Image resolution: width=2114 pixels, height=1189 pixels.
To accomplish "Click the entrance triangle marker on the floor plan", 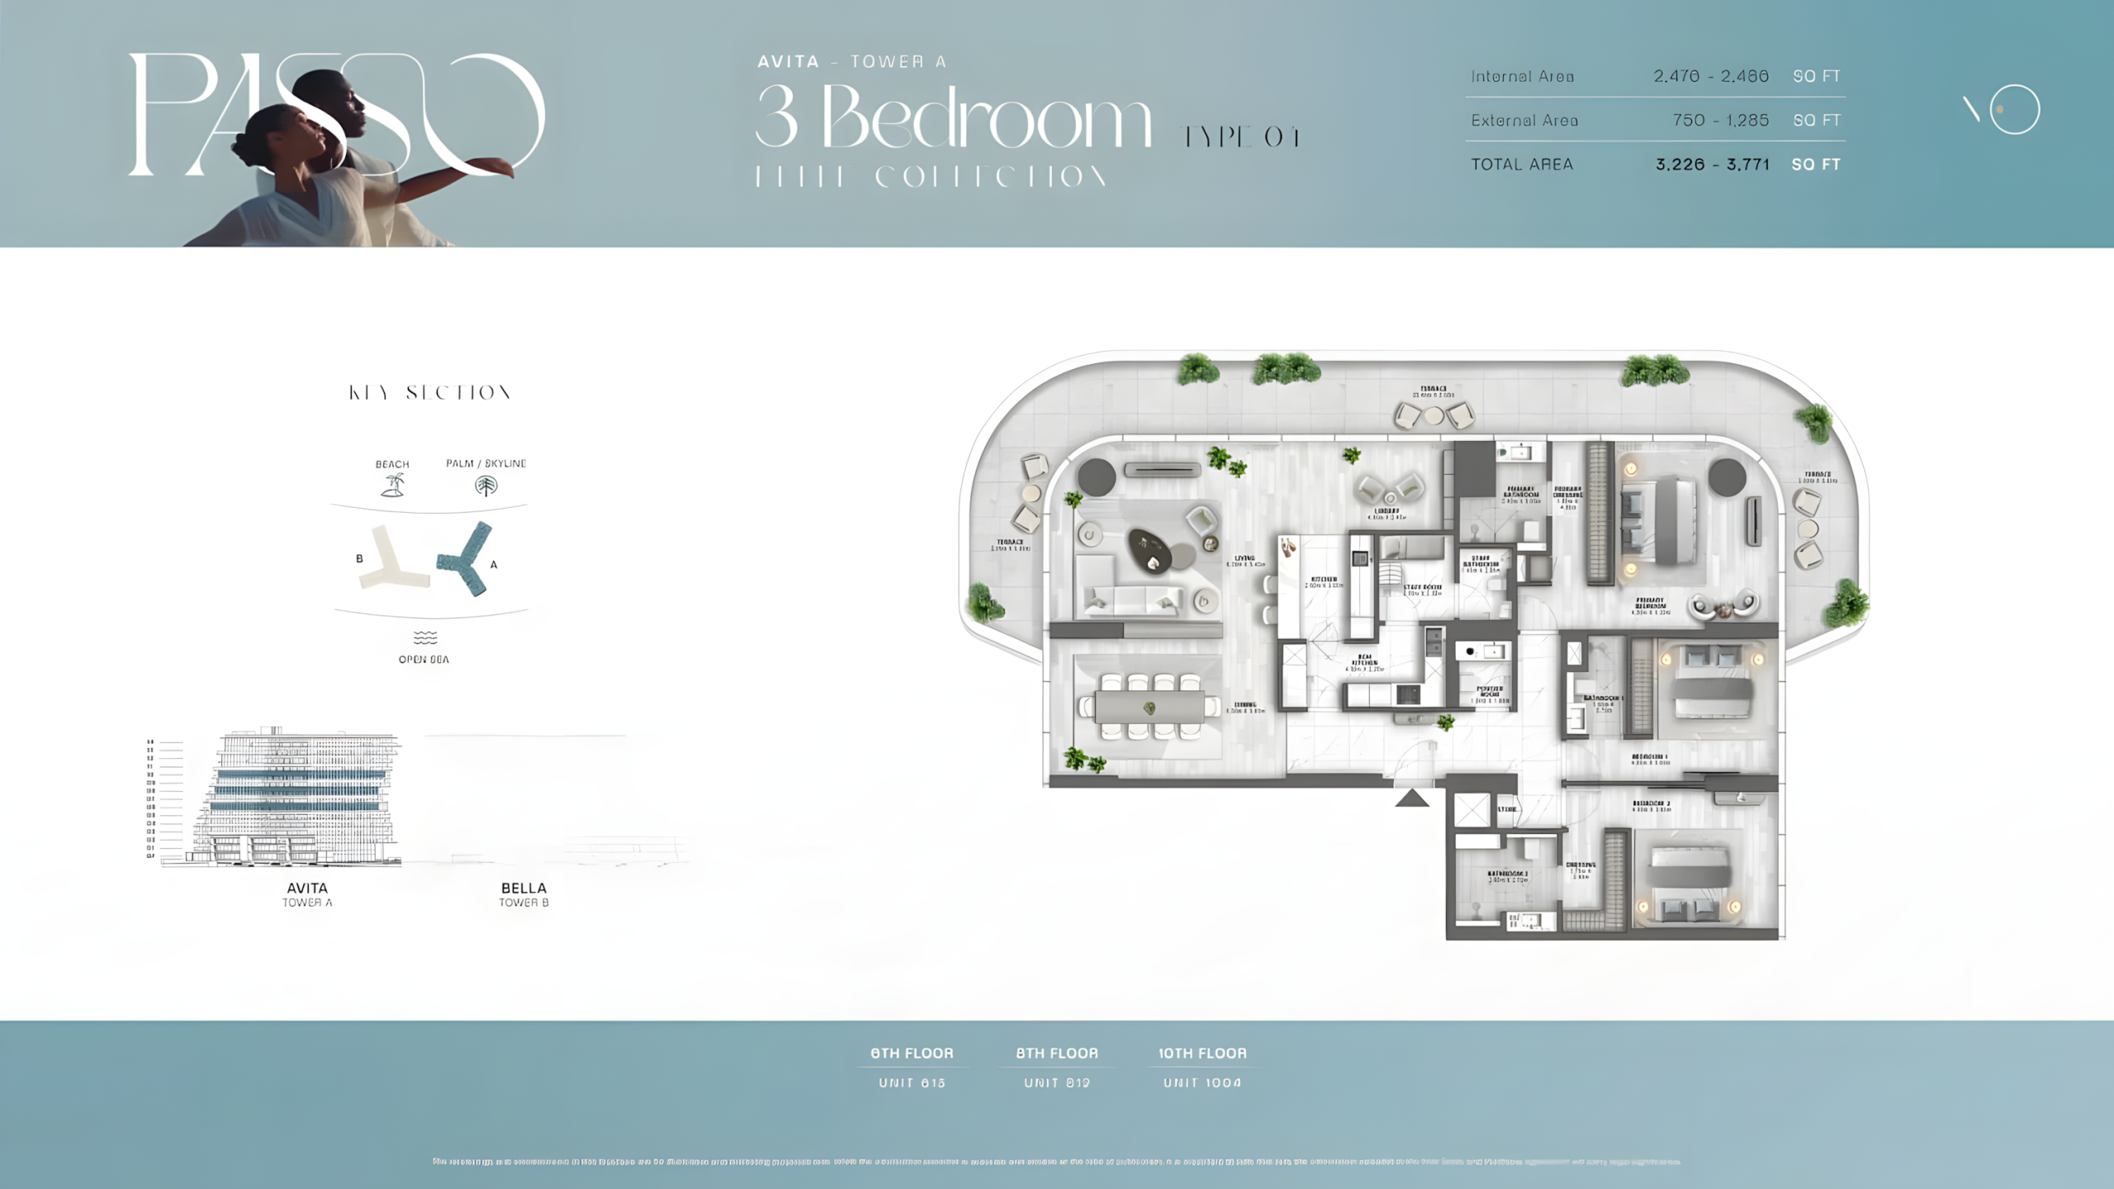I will click(x=1412, y=798).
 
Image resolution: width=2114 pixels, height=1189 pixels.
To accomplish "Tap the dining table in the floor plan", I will click(x=1149, y=707).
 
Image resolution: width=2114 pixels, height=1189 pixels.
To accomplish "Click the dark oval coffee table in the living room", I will click(x=1149, y=549).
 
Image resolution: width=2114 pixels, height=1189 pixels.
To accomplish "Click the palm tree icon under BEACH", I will click(x=393, y=485).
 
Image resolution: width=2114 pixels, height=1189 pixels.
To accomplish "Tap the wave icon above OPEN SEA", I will click(x=425, y=637).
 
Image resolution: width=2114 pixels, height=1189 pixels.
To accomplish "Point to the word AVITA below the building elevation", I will click(x=307, y=888).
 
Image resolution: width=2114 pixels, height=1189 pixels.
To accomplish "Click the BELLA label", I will click(x=524, y=888).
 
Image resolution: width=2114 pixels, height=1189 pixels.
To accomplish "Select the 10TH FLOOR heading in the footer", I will click(x=1202, y=1054).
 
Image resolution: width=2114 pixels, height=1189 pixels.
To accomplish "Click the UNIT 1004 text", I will click(x=1202, y=1082).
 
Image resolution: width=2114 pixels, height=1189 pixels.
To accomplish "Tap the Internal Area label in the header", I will click(x=1522, y=77).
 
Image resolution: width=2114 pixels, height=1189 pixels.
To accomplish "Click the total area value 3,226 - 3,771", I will click(x=1712, y=164).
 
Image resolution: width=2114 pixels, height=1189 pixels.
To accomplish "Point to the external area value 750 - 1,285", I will click(x=1720, y=121).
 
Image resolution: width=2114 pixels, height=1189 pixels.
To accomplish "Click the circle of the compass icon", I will click(x=2014, y=109).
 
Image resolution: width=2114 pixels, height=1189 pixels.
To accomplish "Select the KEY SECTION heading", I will click(x=429, y=393).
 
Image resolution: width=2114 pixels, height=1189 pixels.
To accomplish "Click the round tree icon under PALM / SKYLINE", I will click(x=486, y=486).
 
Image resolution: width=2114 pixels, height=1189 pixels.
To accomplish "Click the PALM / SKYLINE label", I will click(x=486, y=463).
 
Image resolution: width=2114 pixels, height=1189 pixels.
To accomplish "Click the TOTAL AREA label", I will click(x=1522, y=164).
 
